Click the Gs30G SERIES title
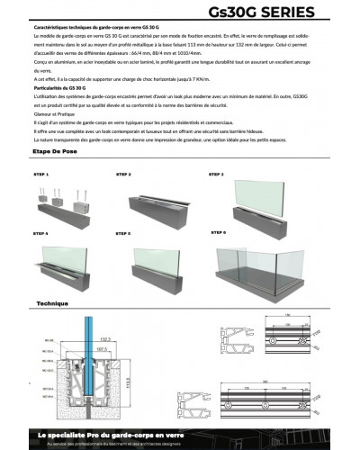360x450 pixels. pyautogui.click(x=274, y=13)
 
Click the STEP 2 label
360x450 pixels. pyautogui.click(x=123, y=173)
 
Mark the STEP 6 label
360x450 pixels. pyautogui.click(x=218, y=232)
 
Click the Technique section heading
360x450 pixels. pyautogui.click(x=52, y=304)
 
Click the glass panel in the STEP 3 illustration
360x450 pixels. pyautogui.click(x=261, y=193)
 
